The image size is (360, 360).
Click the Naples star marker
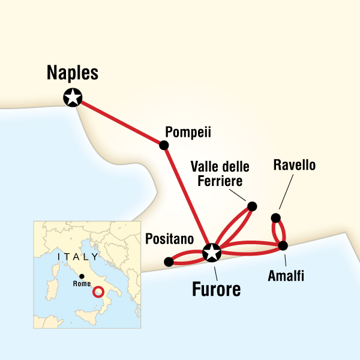[x=73, y=97]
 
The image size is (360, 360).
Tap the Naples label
[x=73, y=74]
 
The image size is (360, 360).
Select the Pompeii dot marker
[x=163, y=145]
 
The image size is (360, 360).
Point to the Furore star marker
[x=212, y=253]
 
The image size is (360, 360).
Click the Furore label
[x=216, y=289]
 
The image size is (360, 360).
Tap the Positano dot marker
[x=169, y=262]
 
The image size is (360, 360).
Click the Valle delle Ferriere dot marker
[x=252, y=206]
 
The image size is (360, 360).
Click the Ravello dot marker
[x=276, y=218]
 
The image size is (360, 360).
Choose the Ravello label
[x=293, y=164]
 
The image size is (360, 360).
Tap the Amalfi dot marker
[x=283, y=245]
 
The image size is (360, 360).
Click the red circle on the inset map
[x=98, y=292]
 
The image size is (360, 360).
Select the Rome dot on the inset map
[x=81, y=276]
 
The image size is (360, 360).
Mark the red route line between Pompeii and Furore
[x=187, y=199]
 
